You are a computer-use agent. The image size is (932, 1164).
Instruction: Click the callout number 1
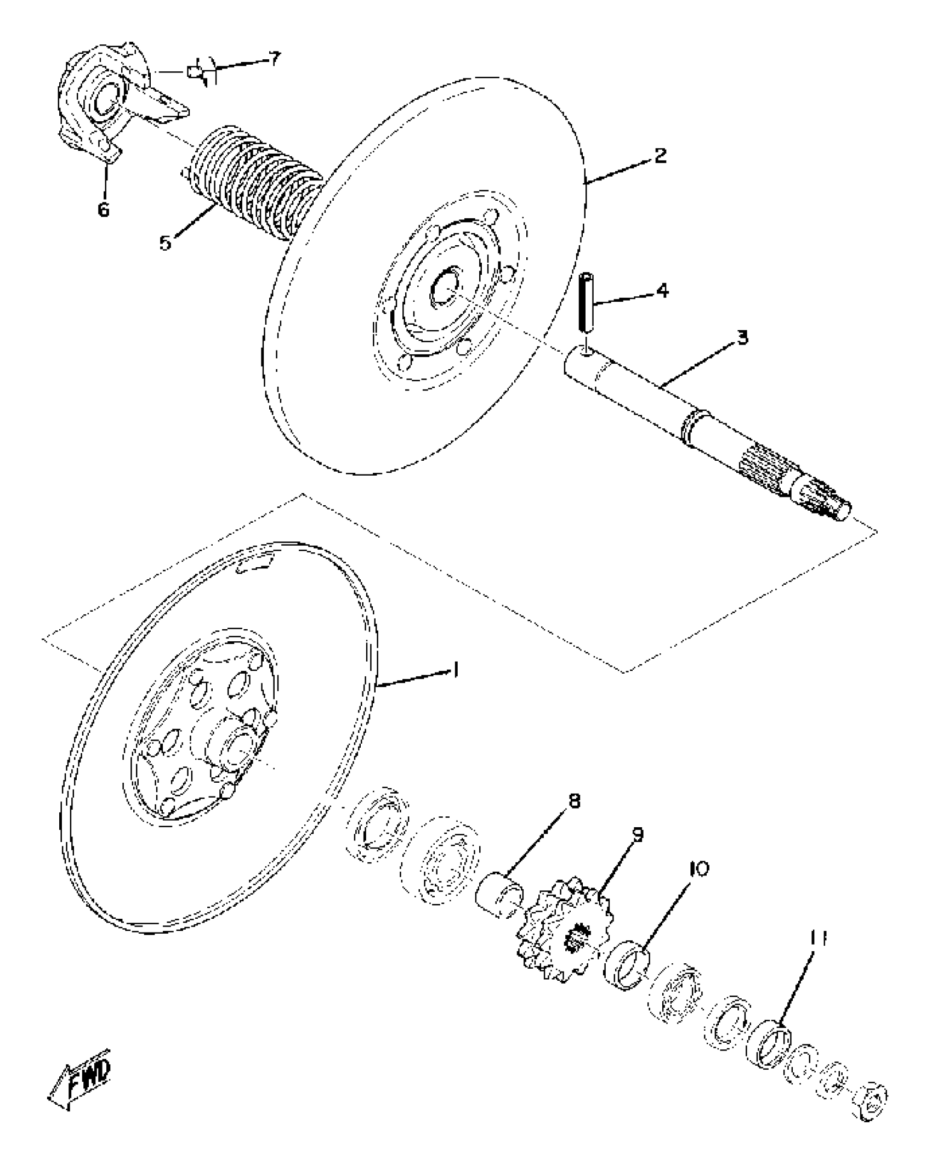pyautogui.click(x=456, y=670)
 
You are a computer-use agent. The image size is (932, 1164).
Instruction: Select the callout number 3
pyautogui.click(x=742, y=338)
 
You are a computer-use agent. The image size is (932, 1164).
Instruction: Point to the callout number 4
pyautogui.click(x=663, y=290)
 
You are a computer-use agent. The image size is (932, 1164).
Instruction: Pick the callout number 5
pyautogui.click(x=166, y=242)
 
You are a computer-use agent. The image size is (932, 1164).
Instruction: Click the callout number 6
pyautogui.click(x=104, y=209)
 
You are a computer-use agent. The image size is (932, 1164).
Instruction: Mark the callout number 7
pyautogui.click(x=274, y=58)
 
